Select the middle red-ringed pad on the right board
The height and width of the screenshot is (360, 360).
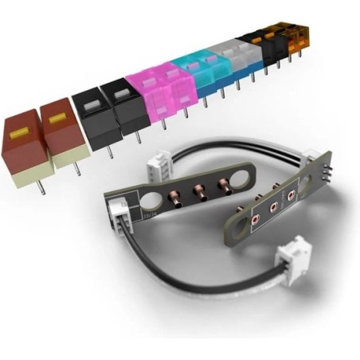(x=273, y=206)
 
